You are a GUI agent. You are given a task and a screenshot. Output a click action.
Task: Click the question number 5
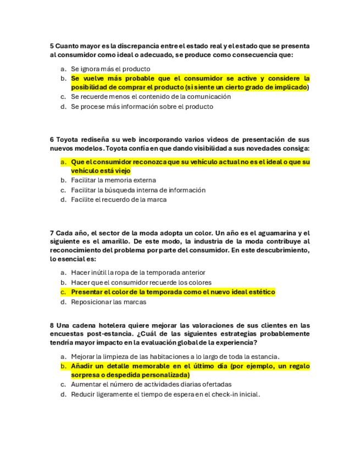[x=52, y=46]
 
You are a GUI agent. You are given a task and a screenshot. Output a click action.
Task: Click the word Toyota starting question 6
[x=68, y=139]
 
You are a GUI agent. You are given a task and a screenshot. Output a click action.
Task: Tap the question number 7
[x=52, y=232]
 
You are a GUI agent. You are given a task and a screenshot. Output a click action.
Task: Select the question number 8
[x=52, y=325]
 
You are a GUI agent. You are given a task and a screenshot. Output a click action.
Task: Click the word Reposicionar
[x=91, y=302]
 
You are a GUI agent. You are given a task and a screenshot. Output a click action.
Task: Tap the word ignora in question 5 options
[x=90, y=69]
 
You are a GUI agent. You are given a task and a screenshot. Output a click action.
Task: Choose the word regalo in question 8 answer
[x=297, y=365]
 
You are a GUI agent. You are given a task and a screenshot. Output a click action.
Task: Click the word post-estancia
[x=97, y=334]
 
